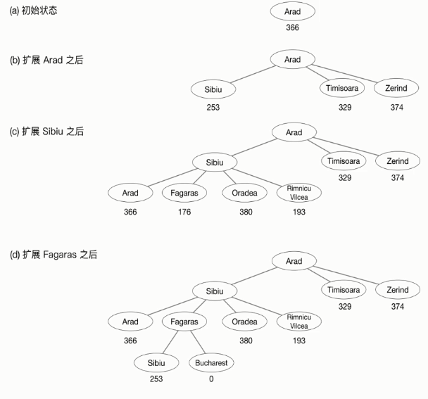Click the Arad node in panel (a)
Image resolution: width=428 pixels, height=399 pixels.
[292, 13]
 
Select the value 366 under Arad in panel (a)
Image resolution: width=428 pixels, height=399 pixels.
[292, 28]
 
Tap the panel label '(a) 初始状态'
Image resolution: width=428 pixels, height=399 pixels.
[33, 11]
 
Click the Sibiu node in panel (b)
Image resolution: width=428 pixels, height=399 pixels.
[213, 89]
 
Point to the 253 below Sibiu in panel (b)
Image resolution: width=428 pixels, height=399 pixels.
[213, 108]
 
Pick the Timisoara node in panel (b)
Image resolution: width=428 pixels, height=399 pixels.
[344, 89]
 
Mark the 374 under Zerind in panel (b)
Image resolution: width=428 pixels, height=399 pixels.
[397, 108]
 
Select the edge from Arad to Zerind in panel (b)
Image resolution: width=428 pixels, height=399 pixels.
[345, 73]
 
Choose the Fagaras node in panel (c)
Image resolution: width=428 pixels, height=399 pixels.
[184, 193]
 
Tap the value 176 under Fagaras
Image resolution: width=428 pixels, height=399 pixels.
[184, 212]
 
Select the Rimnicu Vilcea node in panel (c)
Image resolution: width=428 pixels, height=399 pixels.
[299, 193]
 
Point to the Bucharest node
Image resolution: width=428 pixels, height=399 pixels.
[211, 362]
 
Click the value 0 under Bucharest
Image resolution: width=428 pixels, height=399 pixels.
[211, 379]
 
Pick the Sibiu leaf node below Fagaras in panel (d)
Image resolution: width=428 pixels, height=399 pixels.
[156, 362]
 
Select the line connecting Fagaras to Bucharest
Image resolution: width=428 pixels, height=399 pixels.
[197, 342]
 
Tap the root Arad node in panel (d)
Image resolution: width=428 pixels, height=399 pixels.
[294, 261]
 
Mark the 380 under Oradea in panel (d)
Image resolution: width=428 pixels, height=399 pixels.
[245, 341]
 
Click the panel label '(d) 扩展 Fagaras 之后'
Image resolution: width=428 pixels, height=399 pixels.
[53, 255]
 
